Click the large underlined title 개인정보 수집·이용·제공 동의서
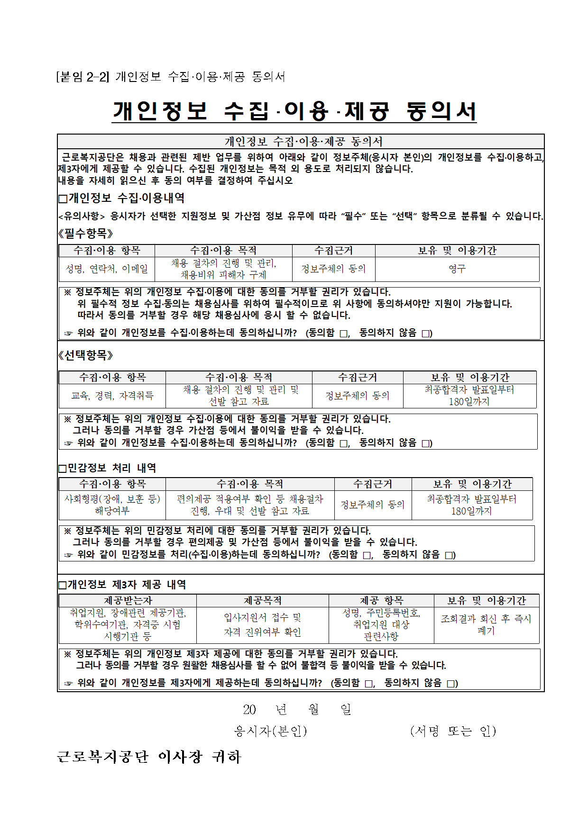point(294,111)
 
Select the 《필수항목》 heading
point(86,233)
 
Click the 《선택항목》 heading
point(86,355)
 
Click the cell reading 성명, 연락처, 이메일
point(107,269)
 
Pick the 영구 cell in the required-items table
point(457,269)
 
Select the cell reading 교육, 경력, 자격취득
point(112,396)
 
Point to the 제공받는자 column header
point(128,600)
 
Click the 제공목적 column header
point(263,600)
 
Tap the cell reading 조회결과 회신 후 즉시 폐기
point(487,624)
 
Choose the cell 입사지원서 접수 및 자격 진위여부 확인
point(263,624)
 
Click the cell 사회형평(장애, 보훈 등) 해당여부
point(112,505)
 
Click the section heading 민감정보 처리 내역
point(111,468)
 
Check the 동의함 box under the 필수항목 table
point(344,334)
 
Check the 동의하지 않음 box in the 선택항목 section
point(426,444)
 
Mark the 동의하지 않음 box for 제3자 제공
point(451,684)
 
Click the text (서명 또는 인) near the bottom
point(453,731)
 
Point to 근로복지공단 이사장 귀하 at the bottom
point(149,757)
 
